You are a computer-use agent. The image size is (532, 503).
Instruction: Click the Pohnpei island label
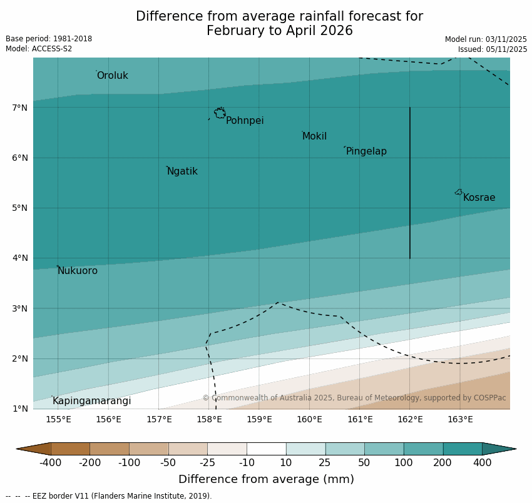pyautogui.click(x=245, y=121)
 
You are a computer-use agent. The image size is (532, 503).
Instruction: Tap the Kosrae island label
pyautogui.click(x=479, y=198)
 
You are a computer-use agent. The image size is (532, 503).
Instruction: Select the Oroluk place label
pyautogui.click(x=113, y=76)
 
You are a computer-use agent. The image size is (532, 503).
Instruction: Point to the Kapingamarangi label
pyautogui.click(x=92, y=401)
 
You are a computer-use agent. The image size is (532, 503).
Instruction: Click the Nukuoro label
pyautogui.click(x=78, y=271)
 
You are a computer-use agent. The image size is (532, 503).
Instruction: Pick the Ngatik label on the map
pyautogui.click(x=182, y=171)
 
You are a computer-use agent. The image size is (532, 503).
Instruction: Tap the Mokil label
pyautogui.click(x=314, y=136)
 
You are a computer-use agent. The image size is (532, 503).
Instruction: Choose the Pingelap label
pyautogui.click(x=366, y=151)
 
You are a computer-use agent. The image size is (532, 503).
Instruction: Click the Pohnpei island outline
pyautogui.click(x=220, y=113)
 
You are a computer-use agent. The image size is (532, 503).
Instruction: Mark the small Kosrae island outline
pyautogui.click(x=459, y=192)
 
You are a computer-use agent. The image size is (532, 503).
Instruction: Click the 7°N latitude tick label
pyautogui.click(x=20, y=108)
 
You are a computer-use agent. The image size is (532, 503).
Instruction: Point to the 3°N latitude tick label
pyautogui.click(x=20, y=308)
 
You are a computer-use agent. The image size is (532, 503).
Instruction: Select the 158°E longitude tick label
pyautogui.click(x=209, y=419)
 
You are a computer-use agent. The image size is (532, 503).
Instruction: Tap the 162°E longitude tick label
pyautogui.click(x=410, y=419)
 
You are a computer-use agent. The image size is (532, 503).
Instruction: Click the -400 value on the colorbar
pyautogui.click(x=50, y=463)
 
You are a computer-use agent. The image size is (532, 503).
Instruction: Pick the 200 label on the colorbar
pyautogui.click(x=443, y=463)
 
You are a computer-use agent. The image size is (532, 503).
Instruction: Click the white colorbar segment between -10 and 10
pyautogui.click(x=266, y=449)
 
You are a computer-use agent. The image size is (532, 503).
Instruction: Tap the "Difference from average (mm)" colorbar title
pyautogui.click(x=266, y=480)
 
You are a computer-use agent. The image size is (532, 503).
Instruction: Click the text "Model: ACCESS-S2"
pyautogui.click(x=39, y=49)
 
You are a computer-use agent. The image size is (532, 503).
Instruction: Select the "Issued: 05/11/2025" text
pyautogui.click(x=493, y=49)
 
